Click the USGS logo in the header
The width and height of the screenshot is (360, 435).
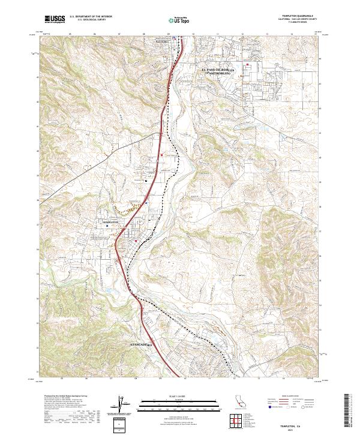coord(55,19)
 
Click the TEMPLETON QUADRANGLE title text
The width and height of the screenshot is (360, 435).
coord(298,16)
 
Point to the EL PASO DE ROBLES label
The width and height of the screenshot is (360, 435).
coord(218,71)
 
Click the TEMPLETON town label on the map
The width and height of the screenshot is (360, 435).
coord(112,221)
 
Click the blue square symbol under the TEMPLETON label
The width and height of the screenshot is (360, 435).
coord(124,226)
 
